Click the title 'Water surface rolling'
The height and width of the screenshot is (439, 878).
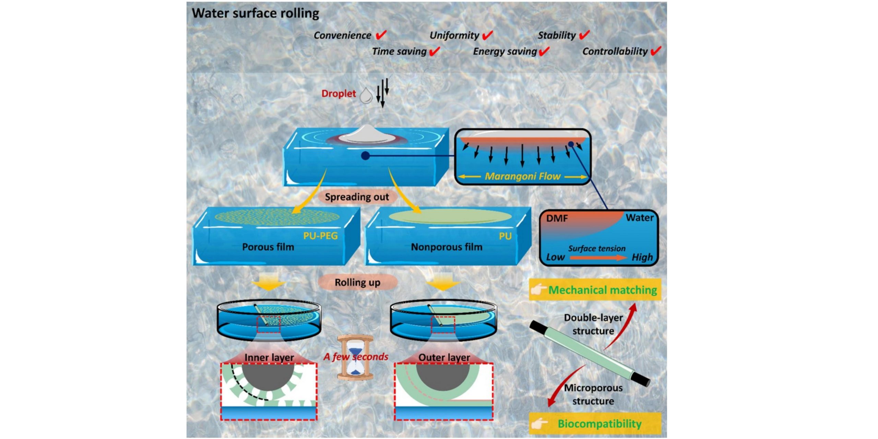tap(256, 13)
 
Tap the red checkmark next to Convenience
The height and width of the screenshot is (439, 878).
tap(381, 35)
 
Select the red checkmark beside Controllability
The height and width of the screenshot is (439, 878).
tap(656, 51)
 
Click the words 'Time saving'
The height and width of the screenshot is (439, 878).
tap(399, 51)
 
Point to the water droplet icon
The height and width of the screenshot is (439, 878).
tap(366, 95)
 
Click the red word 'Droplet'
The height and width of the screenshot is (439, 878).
tap(339, 94)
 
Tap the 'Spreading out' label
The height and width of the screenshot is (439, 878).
tap(357, 197)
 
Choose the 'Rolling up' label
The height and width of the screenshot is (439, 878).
tap(357, 282)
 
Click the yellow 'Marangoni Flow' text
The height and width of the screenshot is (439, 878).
tap(522, 176)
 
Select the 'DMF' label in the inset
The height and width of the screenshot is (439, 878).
tap(557, 218)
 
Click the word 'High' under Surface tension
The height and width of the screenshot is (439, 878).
tap(642, 257)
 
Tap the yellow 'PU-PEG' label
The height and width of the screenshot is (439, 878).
tap(320, 236)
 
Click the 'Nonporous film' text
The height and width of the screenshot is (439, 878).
tap(447, 247)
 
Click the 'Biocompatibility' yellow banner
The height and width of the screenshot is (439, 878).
tap(595, 424)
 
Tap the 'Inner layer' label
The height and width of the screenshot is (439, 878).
tap(269, 357)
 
